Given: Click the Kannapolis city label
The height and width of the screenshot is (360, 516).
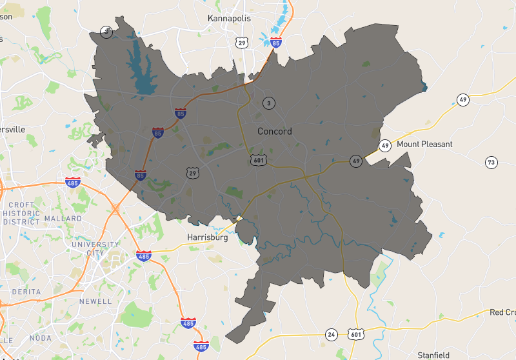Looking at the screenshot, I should pyautogui.click(x=228, y=18).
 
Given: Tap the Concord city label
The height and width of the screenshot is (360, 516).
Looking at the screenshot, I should pyautogui.click(x=275, y=131).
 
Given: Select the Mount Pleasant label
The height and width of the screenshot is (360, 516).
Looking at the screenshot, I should pyautogui.click(x=424, y=144).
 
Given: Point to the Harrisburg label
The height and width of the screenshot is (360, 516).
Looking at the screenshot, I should pyautogui.click(x=208, y=237).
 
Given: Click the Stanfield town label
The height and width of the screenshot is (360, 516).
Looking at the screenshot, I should pyautogui.click(x=433, y=355).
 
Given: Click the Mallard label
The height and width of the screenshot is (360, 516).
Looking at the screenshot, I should pyautogui.click(x=63, y=219).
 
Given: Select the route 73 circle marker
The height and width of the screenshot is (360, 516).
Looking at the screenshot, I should pyautogui.click(x=491, y=162).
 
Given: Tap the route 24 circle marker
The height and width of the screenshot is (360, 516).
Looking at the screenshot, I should pyautogui.click(x=332, y=334).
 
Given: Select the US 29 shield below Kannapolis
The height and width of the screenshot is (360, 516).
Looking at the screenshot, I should pyautogui.click(x=242, y=43).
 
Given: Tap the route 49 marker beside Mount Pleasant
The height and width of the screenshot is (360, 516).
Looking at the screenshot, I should pyautogui.click(x=385, y=145).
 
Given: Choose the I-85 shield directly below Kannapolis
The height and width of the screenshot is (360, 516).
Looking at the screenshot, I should pyautogui.click(x=276, y=43).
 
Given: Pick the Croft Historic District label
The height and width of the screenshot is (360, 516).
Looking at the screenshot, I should pyautogui.click(x=21, y=213).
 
